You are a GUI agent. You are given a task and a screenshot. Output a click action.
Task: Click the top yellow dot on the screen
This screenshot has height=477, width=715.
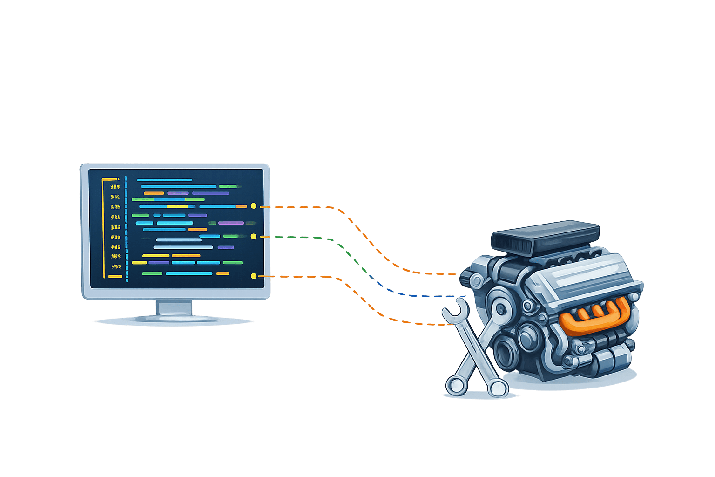click(254, 205)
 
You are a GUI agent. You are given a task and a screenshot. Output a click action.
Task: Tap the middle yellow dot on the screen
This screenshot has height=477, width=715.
click(253, 237)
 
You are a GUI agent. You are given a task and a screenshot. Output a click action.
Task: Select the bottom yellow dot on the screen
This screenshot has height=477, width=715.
click(253, 276)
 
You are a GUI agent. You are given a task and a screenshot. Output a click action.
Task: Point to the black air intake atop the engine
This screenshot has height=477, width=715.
click(546, 238)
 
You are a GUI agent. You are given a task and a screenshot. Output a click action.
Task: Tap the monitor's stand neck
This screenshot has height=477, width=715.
click(175, 308)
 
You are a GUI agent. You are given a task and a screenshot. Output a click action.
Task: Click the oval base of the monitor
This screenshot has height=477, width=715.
click(173, 320)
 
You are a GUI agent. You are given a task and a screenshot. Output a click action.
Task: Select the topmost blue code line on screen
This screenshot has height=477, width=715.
click(164, 180)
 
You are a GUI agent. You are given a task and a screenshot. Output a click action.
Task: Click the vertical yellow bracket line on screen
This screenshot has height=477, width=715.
click(103, 228)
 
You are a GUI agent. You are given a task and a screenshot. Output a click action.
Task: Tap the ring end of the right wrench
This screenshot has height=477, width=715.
click(499, 388)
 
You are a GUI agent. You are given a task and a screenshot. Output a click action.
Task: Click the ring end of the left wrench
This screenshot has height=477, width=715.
click(455, 385)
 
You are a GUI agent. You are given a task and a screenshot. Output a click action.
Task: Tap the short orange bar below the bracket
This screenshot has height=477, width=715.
click(115, 277)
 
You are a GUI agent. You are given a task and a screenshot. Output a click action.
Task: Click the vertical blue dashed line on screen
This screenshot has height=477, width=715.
click(126, 228)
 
